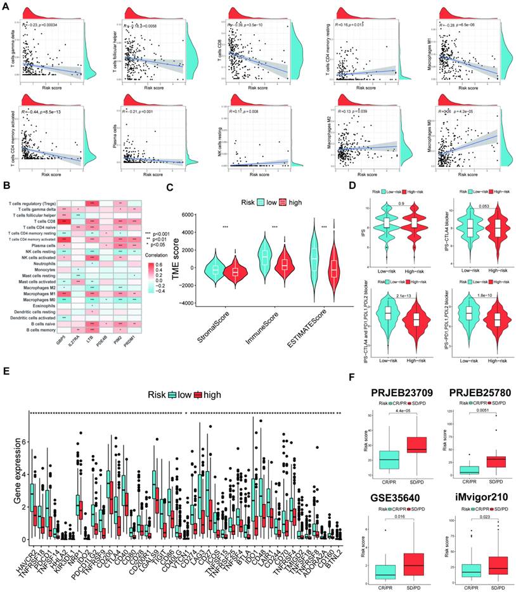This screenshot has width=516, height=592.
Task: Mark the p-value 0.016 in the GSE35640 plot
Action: (x=399, y=517)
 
